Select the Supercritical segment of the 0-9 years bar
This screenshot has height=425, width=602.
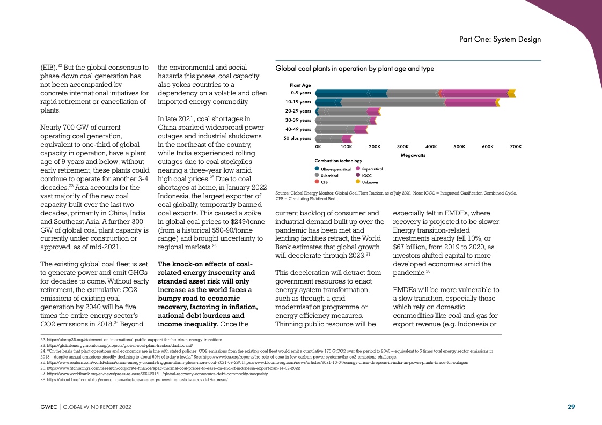coord(475,93)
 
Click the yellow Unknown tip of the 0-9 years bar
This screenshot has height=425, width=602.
coord(512,93)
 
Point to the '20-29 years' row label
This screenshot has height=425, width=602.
coord(298,111)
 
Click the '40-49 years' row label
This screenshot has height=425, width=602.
coord(298,129)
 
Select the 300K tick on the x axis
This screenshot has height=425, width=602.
coord(402,147)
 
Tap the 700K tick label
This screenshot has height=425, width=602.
coord(516,147)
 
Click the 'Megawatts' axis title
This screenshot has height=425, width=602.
coord(413,155)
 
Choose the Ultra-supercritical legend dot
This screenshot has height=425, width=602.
coord(317,169)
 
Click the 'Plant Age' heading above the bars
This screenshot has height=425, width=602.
coord(300,85)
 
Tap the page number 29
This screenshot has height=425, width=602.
coord(571,407)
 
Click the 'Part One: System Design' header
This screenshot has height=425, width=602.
coord(500,40)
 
